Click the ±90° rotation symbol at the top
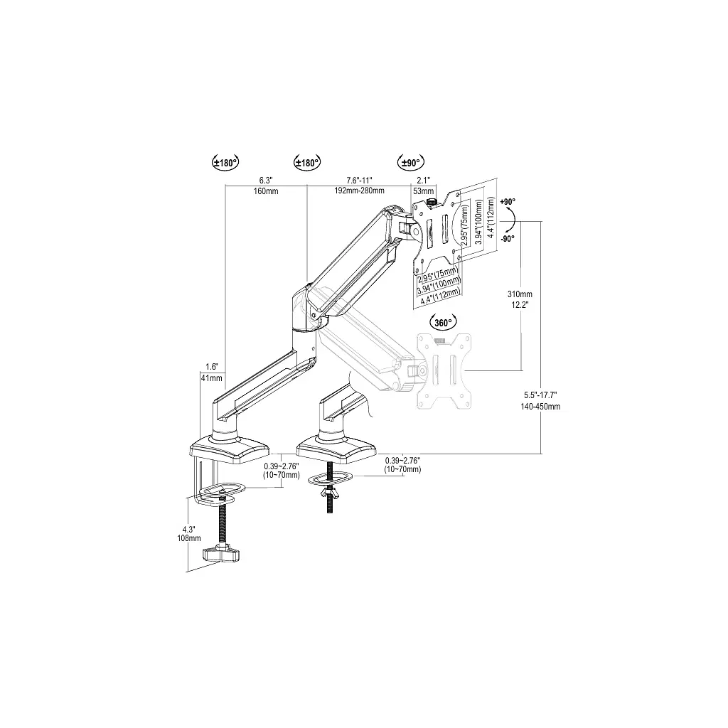pos(410,163)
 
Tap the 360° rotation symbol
pos(444,323)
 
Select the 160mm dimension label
pos(266,191)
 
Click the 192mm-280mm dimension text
pos(359,191)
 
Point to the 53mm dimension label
pos(423,191)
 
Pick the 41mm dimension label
pos(212,378)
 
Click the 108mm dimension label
pos(189,539)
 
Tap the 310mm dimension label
pos(520,294)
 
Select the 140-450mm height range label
pos(540,407)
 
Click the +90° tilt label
pos(508,202)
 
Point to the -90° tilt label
pos(508,239)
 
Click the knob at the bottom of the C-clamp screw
pos(220,554)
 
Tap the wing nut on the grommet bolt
pos(330,493)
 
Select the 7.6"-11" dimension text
pos(359,180)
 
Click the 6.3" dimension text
pos(266,180)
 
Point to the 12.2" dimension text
pos(520,305)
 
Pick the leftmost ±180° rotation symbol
pos(225,163)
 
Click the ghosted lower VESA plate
pos(444,371)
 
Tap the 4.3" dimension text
pos(188,529)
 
